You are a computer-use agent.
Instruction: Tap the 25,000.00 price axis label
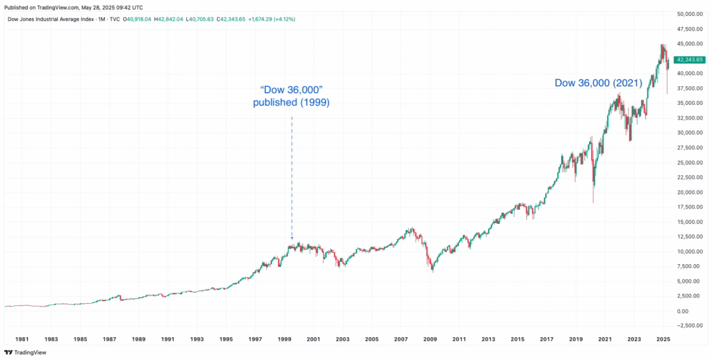coord(690,163)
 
